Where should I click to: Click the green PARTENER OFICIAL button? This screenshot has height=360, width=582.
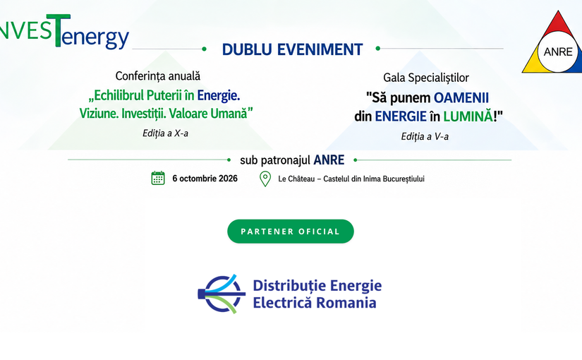coord(290,232)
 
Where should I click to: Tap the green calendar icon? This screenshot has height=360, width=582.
coord(158,179)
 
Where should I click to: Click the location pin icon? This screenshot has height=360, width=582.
coord(265,179)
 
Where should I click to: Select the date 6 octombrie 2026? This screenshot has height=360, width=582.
coord(205,179)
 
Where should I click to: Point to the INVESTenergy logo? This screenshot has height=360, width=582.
coord(65,32)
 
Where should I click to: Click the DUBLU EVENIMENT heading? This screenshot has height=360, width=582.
coord(293,50)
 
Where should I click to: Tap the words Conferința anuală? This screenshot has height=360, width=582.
coord(158,76)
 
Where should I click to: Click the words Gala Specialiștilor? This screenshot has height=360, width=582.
coord(426,78)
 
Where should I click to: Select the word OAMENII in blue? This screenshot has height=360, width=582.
coord(461,97)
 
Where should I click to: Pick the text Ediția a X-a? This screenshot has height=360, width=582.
coord(166,133)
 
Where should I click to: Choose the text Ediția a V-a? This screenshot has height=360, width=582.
coord(425,136)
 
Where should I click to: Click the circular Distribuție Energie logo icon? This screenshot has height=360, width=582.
coord(222,294)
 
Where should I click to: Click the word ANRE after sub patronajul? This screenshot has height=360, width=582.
coord(329,160)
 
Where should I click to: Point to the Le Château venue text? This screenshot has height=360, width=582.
coord(351,179)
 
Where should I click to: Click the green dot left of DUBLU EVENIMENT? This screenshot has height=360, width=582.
coord(204,49)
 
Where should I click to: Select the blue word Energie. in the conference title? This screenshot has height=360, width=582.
coord(218,95)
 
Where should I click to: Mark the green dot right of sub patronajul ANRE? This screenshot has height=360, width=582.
coord(356,160)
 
